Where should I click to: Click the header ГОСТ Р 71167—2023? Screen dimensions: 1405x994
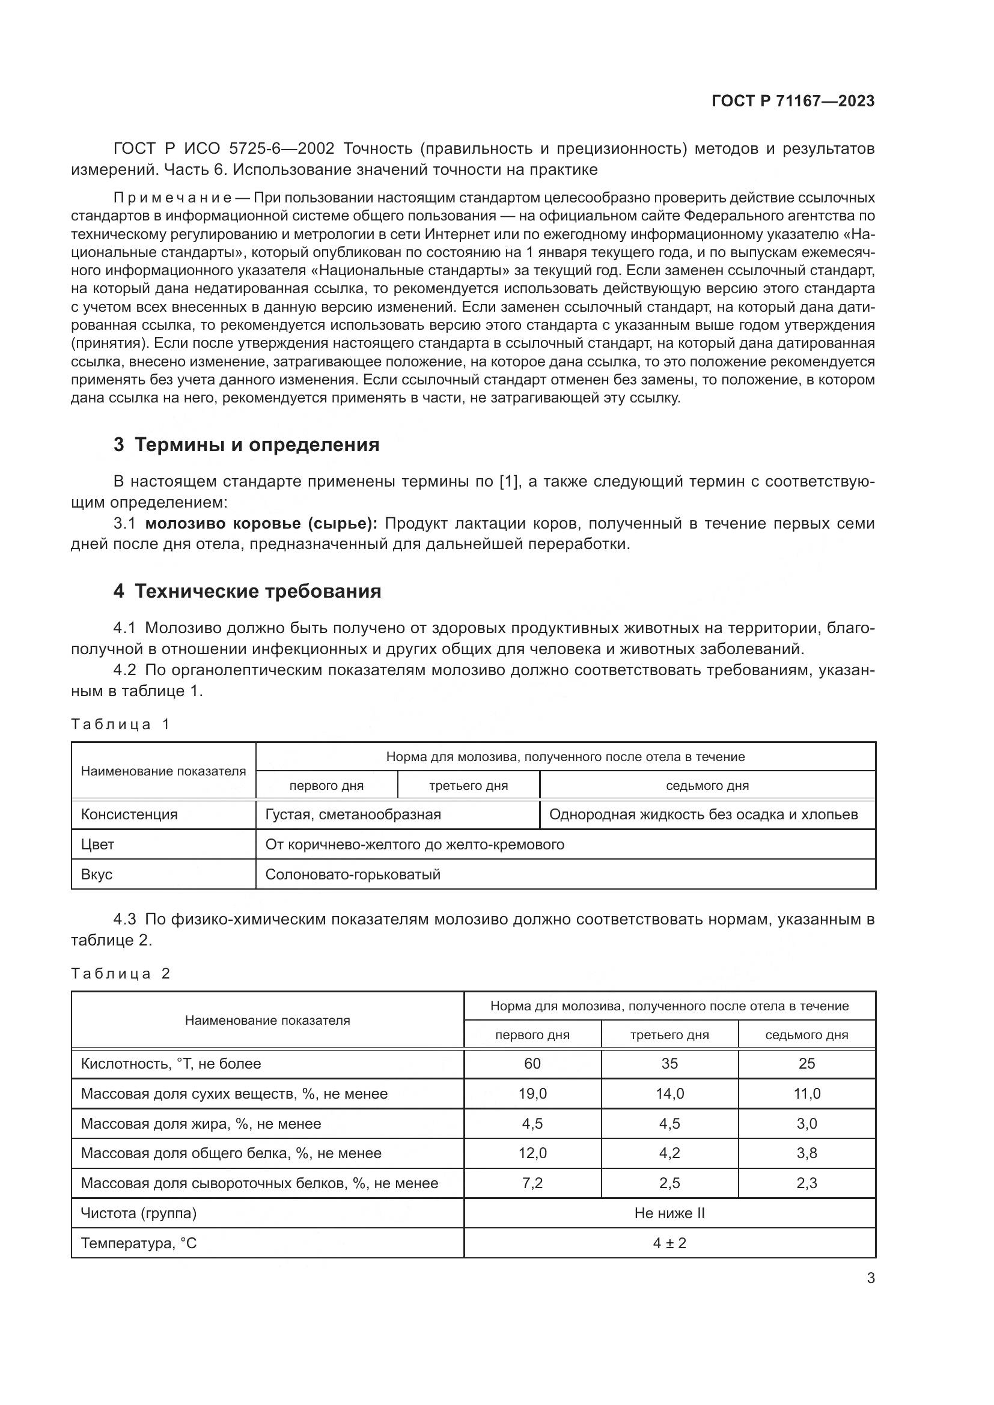tap(793, 102)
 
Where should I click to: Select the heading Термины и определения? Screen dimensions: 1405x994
tap(246, 445)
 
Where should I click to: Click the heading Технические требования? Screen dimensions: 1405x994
tap(247, 591)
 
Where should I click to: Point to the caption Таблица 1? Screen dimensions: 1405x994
tap(120, 724)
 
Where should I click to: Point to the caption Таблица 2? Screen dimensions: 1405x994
tap(120, 974)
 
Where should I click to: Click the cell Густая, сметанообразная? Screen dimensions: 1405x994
tap(353, 815)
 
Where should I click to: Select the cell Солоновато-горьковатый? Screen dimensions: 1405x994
tap(353, 875)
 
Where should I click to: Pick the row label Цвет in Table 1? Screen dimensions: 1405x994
tap(98, 845)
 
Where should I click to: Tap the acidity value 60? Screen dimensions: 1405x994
tap(532, 1064)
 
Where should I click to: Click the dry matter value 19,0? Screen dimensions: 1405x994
tap(532, 1093)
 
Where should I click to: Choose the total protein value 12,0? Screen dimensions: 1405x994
tap(532, 1153)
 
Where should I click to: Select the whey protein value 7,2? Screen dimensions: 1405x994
tap(532, 1183)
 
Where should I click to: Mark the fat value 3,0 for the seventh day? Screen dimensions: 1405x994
tap(806, 1123)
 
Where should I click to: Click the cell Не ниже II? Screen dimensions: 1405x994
tap(669, 1213)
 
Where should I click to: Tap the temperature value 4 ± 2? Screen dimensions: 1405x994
tap(669, 1243)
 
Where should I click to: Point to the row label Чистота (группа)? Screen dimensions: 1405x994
tap(139, 1213)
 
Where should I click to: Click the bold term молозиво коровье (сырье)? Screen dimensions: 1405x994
tap(261, 524)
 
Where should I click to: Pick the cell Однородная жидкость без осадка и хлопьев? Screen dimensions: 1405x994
tap(704, 815)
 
